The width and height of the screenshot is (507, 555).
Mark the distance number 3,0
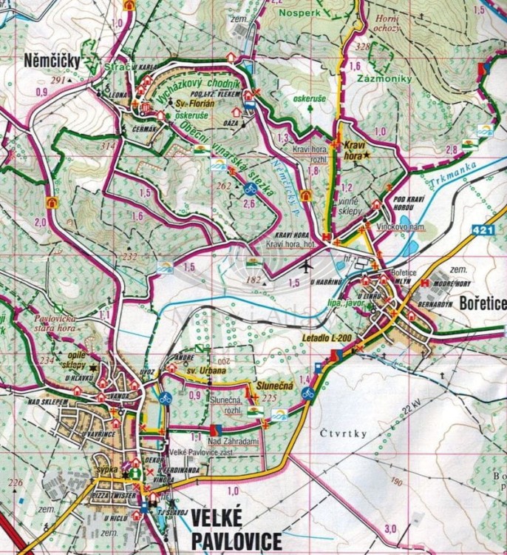(x=390, y=528)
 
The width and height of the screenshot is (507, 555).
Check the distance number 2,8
(x=452, y=150)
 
